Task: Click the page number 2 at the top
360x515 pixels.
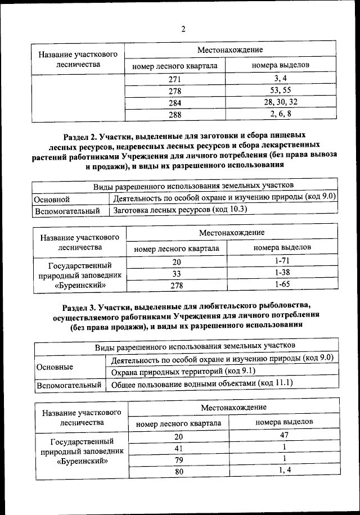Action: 183,29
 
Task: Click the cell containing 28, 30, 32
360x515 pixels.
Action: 280,102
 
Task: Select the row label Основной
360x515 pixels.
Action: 52,198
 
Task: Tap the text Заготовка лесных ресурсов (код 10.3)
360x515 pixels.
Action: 180,210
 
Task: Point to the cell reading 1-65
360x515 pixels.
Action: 282,284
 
